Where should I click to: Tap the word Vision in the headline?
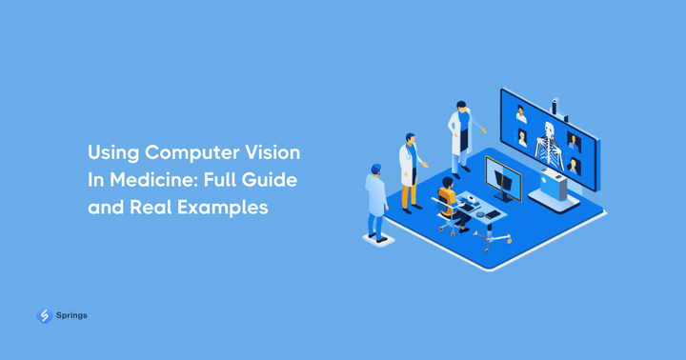(274, 152)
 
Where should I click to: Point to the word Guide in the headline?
(271, 179)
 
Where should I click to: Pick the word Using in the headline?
(112, 152)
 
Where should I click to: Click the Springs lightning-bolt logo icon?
(44, 315)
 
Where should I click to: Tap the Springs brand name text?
(71, 315)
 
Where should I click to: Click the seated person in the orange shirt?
(448, 202)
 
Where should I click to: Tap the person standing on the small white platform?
(377, 200)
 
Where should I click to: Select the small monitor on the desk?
(503, 178)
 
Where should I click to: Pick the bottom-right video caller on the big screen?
(575, 165)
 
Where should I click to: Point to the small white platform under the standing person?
(379, 239)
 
